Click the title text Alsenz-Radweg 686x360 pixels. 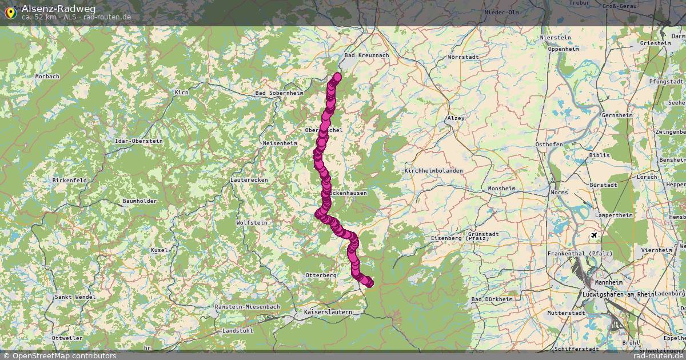point(59,9)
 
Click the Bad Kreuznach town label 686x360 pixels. point(366,55)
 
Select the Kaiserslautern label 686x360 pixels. point(328,313)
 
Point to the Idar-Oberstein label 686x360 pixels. point(139,141)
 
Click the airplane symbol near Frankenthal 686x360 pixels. point(594,235)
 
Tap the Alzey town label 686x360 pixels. point(456,118)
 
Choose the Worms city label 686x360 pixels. point(559,193)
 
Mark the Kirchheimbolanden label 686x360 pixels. point(433,171)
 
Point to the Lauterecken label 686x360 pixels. point(248,180)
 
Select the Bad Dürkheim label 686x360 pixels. point(493,299)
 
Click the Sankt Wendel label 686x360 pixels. point(75,297)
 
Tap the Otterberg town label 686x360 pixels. point(321,275)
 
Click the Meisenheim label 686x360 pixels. point(280,143)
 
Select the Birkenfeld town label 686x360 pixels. point(69,180)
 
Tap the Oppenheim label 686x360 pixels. point(563,49)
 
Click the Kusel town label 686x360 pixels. point(159,250)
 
